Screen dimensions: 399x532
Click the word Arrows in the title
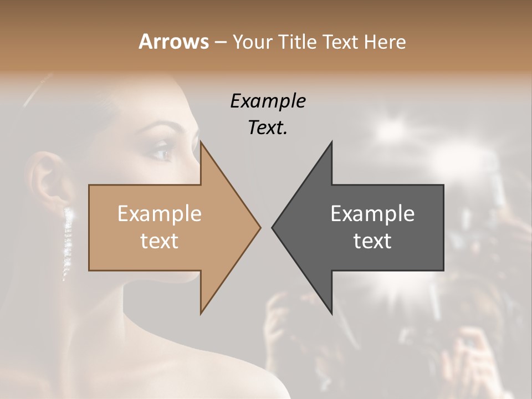pos(173,42)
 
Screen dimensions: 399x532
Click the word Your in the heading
pos(252,42)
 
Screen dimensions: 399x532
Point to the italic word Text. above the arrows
pos(268,127)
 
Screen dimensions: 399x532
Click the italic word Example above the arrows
pos(268,101)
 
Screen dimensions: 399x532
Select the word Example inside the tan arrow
pos(159,214)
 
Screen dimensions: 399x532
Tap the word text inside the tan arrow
pos(159,241)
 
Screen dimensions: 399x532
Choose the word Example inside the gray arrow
pos(372,214)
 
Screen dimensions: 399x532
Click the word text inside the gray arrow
pos(372,241)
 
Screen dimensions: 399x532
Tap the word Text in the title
pos(340,42)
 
